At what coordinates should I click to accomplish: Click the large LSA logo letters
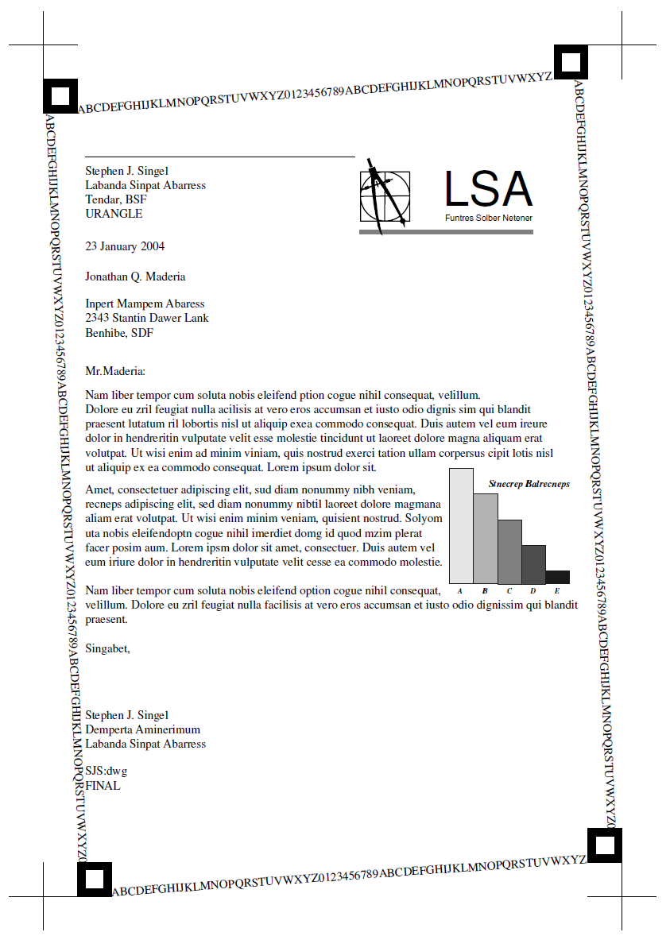coord(488,189)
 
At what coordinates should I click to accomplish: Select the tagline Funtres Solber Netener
coord(488,218)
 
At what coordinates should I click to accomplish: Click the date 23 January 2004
coord(125,246)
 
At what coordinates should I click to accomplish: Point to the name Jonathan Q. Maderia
coord(135,277)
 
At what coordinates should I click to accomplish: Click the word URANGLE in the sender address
coord(114,214)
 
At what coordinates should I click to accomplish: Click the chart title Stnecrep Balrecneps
coord(529,483)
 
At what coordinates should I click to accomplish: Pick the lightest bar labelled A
coord(461,525)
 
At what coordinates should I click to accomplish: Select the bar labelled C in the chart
coord(509,551)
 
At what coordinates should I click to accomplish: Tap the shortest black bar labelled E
coord(557,577)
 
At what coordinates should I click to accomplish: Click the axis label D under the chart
coord(533,591)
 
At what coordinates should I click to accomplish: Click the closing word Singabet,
coord(107,648)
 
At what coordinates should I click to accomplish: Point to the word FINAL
coord(103,786)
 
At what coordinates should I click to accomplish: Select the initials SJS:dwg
coord(106,772)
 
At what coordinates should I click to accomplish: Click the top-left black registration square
coord(60,96)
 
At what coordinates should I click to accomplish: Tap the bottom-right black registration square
coord(604,845)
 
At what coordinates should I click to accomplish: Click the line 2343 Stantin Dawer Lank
coord(147,318)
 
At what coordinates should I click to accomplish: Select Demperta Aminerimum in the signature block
coord(142,729)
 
